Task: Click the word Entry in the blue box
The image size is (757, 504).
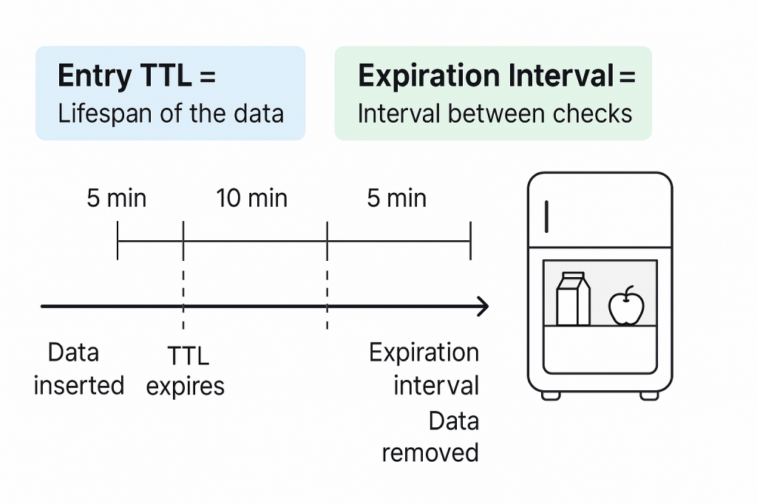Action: point(95,76)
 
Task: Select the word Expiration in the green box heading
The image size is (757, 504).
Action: point(429,76)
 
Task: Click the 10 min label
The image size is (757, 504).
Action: point(251,198)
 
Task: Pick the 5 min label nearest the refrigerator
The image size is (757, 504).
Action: point(397,198)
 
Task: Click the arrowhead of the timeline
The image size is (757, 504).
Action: point(483,306)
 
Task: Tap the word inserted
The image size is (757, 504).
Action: point(78,385)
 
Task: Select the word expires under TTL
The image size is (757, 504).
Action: point(186,386)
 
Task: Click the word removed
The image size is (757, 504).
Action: point(430,453)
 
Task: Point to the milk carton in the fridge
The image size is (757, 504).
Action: point(573,299)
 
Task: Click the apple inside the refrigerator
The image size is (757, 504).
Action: point(626,306)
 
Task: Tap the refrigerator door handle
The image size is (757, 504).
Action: point(546,217)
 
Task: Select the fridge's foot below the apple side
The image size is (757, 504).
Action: point(649,396)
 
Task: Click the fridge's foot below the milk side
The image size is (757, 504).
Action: point(551,396)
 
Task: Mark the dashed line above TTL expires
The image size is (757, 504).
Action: point(183,299)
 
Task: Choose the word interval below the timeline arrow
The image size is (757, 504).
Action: point(436,385)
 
